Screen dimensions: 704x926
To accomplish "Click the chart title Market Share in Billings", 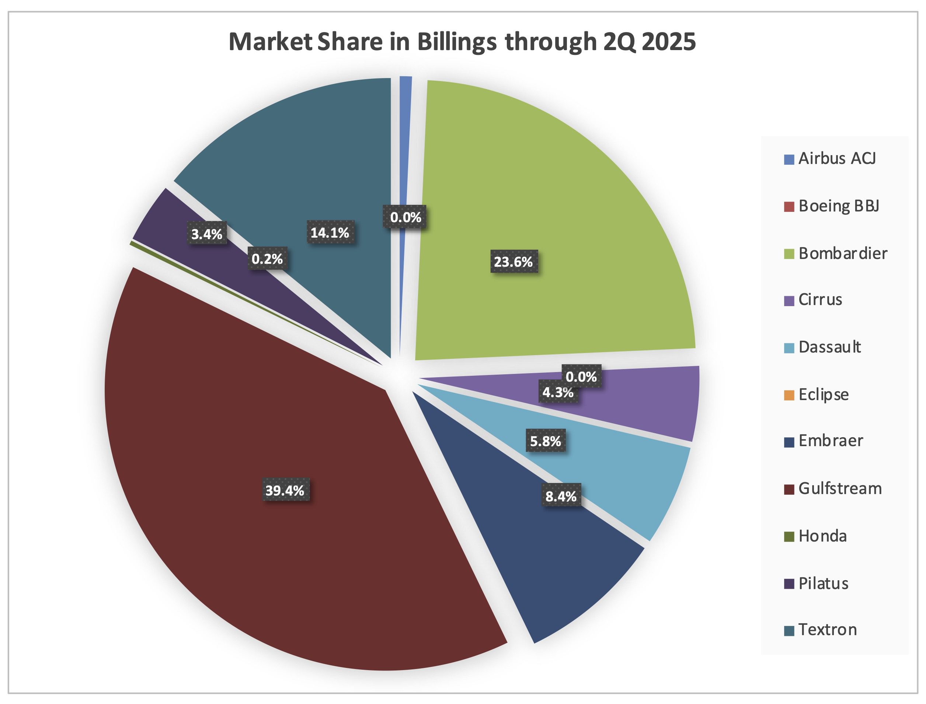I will [462, 42].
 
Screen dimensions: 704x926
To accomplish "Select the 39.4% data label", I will [285, 490].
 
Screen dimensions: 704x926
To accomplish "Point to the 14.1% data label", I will [330, 232].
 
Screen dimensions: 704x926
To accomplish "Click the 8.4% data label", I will [561, 497].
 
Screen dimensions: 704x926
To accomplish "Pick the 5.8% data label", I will [545, 441].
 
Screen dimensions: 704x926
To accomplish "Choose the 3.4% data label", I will [207, 234].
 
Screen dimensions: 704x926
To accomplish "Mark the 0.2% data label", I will [267, 259].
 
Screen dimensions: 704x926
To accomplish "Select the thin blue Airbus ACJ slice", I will [405, 126].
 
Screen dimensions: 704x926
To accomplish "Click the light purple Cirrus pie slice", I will [654, 402].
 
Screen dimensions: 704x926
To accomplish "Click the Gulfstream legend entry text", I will [840, 488].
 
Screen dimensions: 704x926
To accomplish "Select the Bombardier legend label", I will [843, 253].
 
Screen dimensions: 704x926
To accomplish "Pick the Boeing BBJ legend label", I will [838, 206].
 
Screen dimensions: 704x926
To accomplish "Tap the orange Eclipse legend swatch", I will [789, 395].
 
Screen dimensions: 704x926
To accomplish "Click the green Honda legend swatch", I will [789, 537].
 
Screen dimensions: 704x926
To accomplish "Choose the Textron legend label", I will [828, 630].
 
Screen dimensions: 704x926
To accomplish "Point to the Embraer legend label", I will [831, 441].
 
